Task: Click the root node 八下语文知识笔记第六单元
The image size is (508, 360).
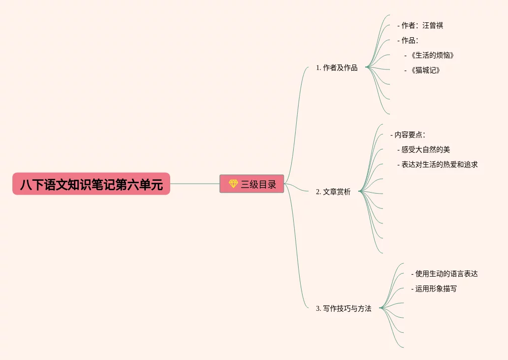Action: pos(91,184)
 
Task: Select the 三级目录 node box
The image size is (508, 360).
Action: pos(252,184)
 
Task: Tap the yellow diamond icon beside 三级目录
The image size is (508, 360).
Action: pos(233,184)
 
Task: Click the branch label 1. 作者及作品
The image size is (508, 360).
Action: pos(336,68)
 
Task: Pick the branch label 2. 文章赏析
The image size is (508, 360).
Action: pos(333,192)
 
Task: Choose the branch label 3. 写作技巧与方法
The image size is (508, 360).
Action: pos(343,308)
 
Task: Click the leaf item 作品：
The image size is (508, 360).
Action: pos(410,40)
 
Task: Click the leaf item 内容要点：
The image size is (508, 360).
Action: pos(410,135)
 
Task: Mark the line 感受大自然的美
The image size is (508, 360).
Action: pos(425,149)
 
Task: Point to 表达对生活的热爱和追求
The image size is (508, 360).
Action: pos(439,164)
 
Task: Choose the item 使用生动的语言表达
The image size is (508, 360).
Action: pos(446,274)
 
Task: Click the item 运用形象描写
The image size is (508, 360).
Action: pos(436,288)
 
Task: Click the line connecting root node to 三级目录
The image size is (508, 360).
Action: pos(194,184)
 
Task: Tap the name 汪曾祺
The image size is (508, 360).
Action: pos(433,25)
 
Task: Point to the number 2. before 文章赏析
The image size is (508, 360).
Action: pos(318,192)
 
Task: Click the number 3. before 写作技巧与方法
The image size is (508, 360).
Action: pos(318,309)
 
